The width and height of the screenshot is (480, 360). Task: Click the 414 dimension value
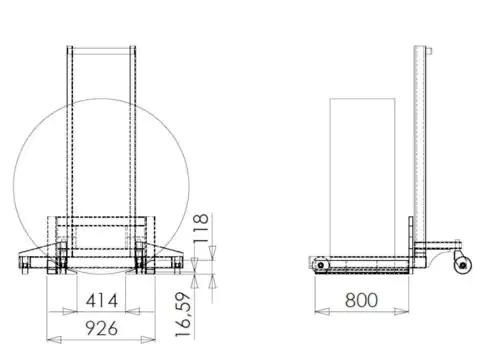click(x=102, y=301)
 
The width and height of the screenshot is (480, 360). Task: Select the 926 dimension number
click(x=102, y=328)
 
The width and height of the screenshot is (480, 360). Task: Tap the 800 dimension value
click(x=361, y=300)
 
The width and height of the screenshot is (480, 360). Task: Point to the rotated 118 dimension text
click(x=201, y=228)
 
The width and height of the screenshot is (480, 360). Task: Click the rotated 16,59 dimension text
click(x=183, y=315)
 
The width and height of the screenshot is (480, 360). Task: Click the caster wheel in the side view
click(x=463, y=265)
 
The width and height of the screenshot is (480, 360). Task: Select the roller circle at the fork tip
click(x=321, y=265)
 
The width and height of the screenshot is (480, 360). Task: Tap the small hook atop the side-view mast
click(x=430, y=51)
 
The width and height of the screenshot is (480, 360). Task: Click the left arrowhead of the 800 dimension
click(x=322, y=312)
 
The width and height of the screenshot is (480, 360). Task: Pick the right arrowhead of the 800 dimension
click(x=401, y=312)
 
